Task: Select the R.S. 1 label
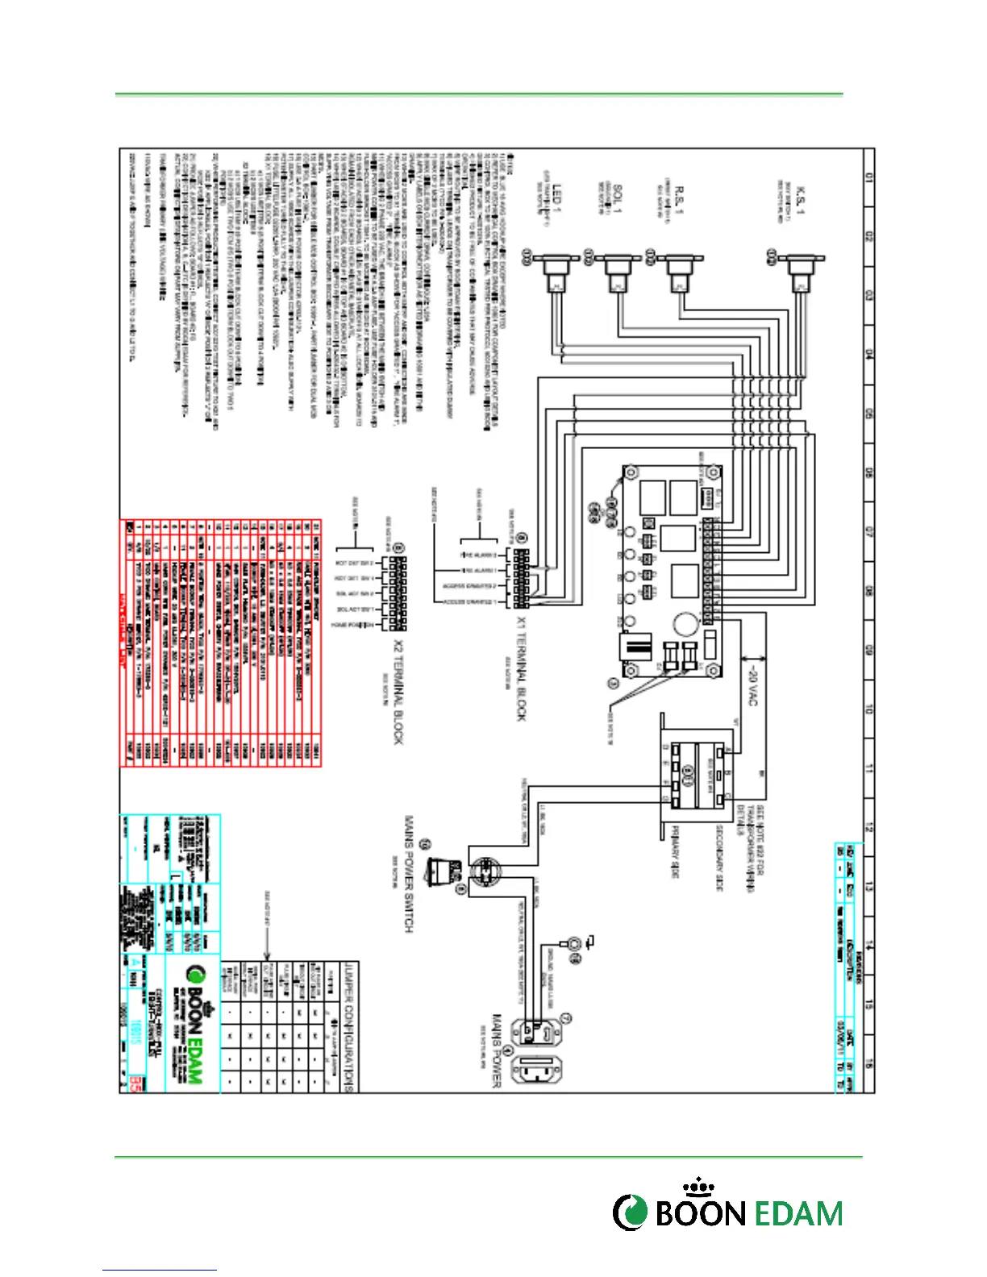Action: (x=680, y=198)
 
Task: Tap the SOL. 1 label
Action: (x=618, y=198)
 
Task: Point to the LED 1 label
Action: (x=556, y=199)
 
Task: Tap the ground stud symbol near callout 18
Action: (x=575, y=943)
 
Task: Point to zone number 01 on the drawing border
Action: (x=868, y=177)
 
